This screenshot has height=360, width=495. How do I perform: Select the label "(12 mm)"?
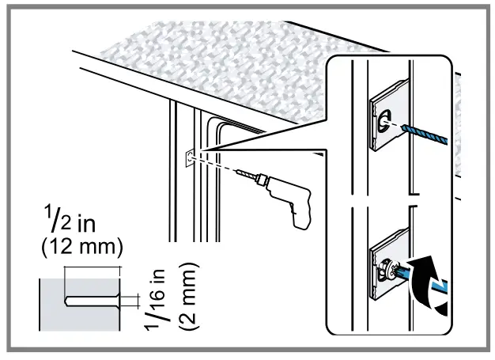[81, 248]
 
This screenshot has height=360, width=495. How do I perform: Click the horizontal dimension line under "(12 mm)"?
[92, 268]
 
